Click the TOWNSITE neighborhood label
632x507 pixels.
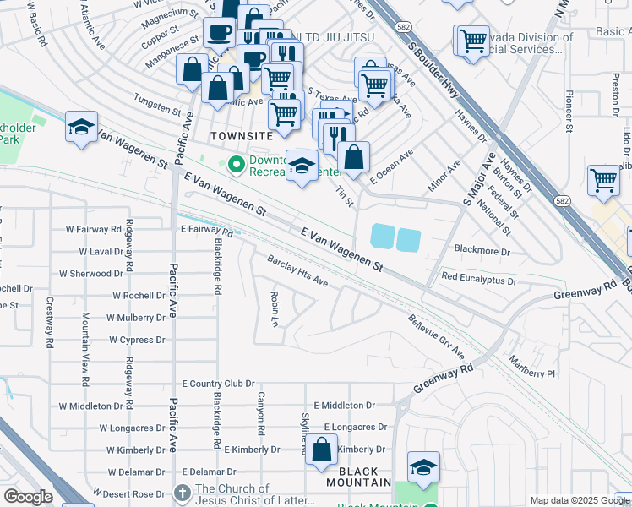[x=241, y=135]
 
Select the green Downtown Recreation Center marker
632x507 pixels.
[x=237, y=163]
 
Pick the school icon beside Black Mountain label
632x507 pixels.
[x=423, y=466]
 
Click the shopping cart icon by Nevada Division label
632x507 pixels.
[x=474, y=40]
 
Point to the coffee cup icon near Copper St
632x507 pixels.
[x=220, y=33]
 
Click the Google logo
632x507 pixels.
[x=28, y=497]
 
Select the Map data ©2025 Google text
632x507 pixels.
[x=579, y=500]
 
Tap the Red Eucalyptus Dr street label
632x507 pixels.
[x=478, y=278]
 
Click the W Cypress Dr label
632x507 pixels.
[x=137, y=340]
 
